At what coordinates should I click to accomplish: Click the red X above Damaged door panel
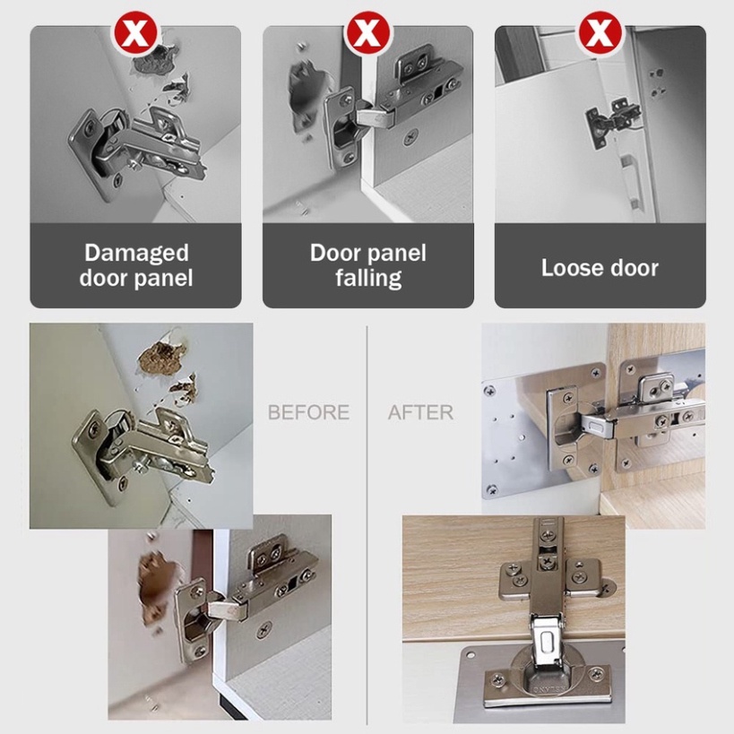point(135,34)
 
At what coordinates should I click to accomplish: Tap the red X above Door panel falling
point(367,34)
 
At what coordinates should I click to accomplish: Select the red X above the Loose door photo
point(600,34)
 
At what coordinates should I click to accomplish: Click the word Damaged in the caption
point(136,254)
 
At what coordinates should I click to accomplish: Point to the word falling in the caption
point(368,278)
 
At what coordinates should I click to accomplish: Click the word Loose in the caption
point(568,268)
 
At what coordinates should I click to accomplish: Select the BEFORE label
point(308,412)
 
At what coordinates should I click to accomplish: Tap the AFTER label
point(420,412)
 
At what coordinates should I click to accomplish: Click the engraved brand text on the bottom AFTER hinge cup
point(548,689)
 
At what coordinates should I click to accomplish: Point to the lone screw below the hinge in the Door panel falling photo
point(410,137)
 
